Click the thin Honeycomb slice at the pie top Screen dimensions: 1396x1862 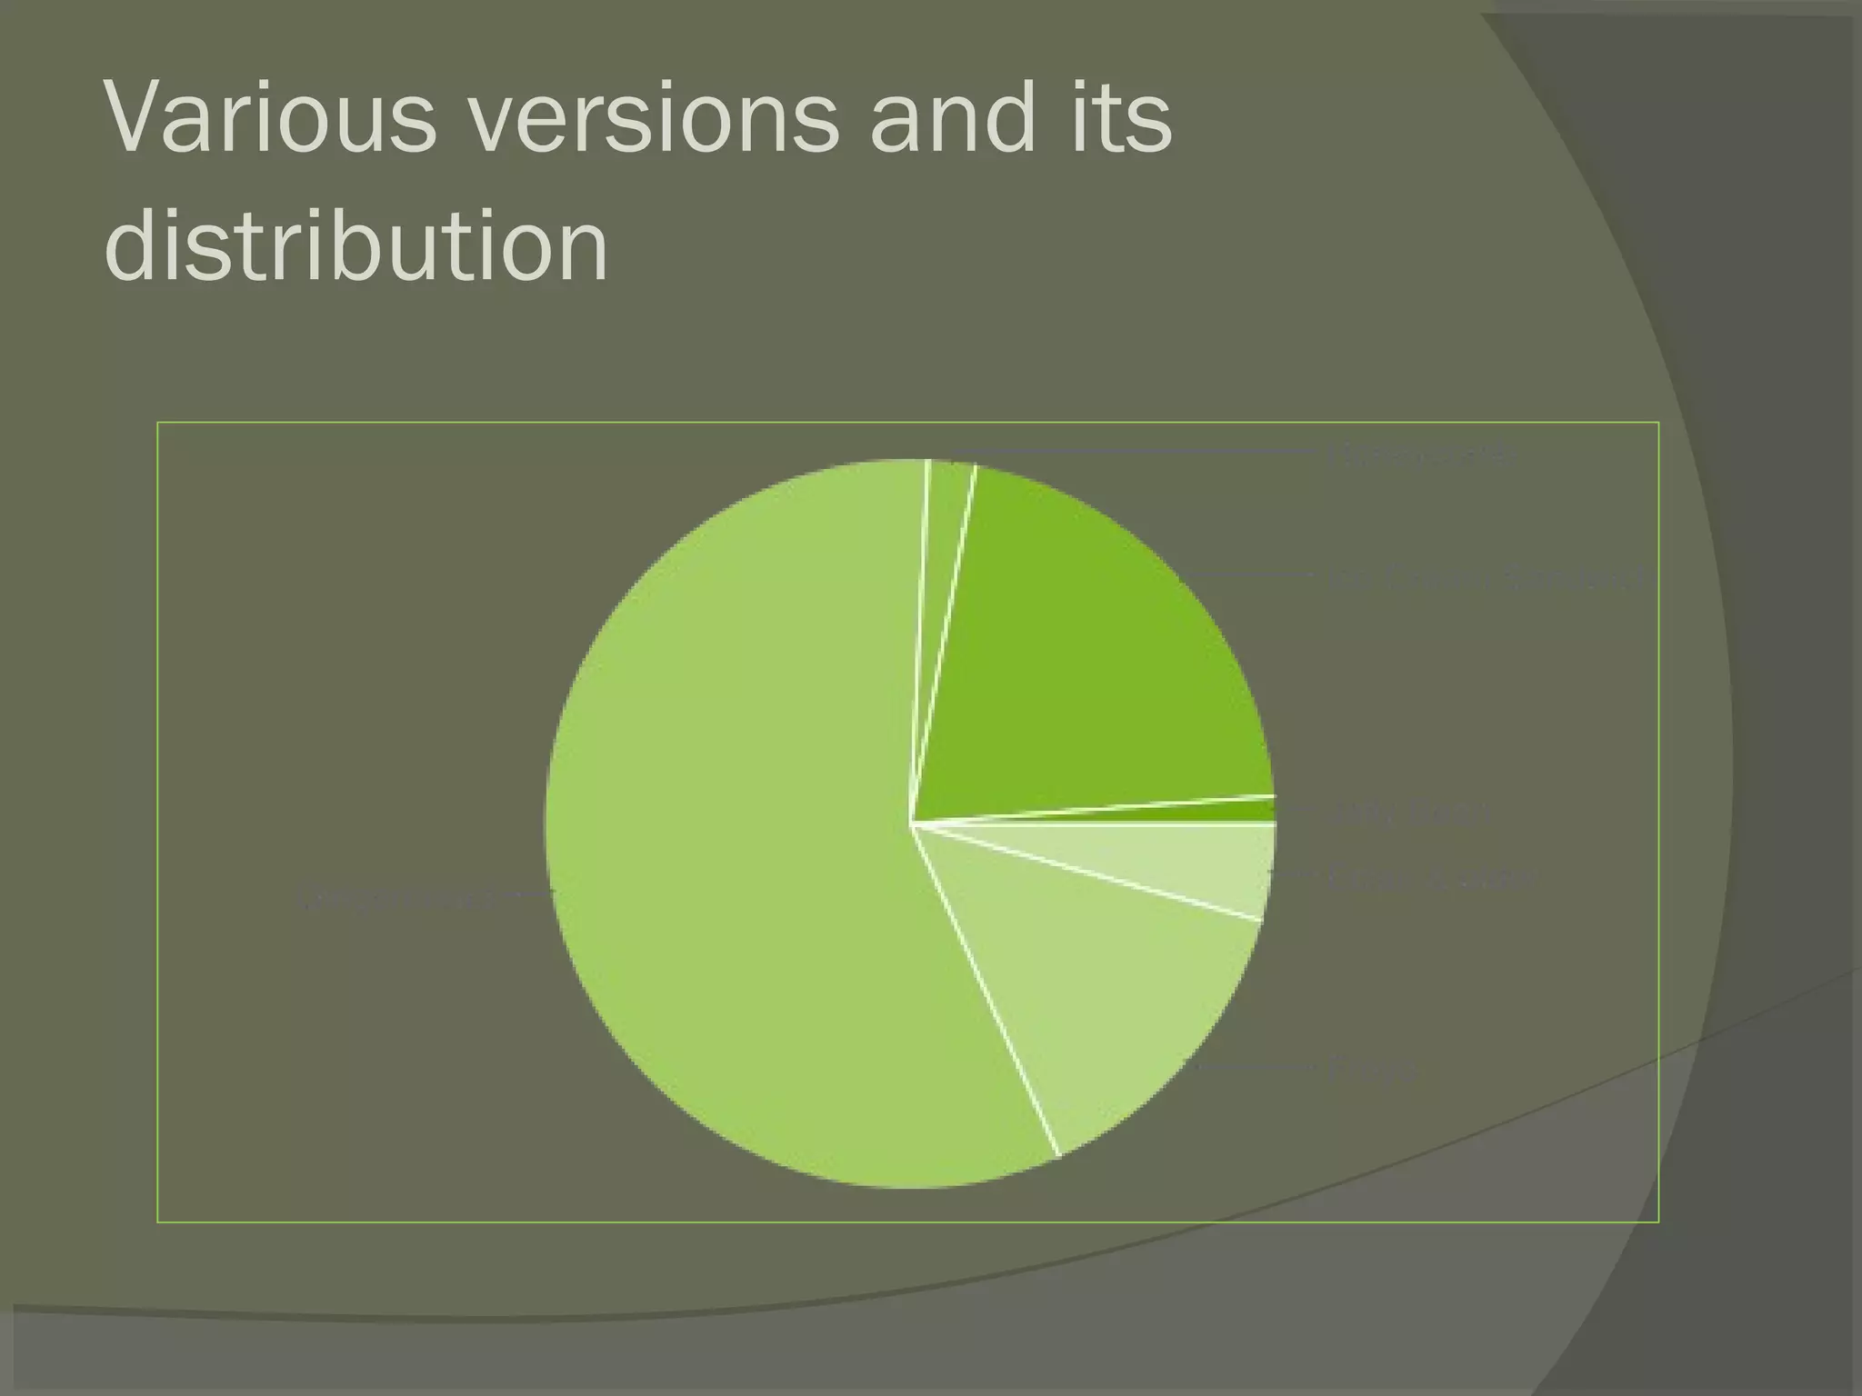tap(946, 509)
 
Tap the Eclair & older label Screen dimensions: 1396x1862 tap(1427, 878)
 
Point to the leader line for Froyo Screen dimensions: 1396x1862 tap(1255, 1065)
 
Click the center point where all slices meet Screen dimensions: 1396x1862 tap(912, 823)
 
